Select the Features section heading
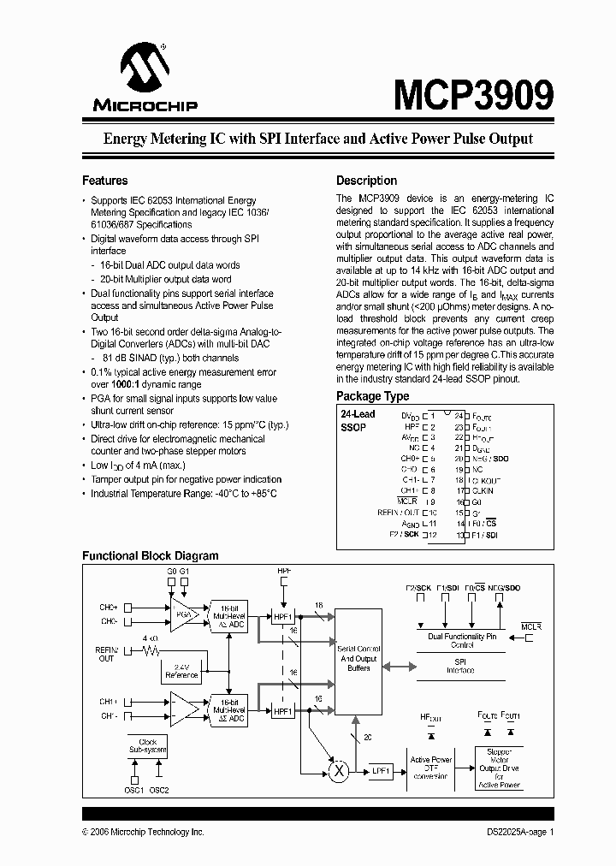pyautogui.click(x=104, y=181)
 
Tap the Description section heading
pyautogui.click(x=366, y=181)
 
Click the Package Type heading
pyautogui.click(x=372, y=396)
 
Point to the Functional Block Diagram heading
pyautogui.click(x=150, y=555)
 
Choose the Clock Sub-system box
pyautogui.click(x=146, y=744)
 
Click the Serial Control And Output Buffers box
pyautogui.click(x=358, y=661)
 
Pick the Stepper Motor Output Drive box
pyautogui.click(x=499, y=768)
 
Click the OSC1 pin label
pyautogui.click(x=134, y=790)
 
